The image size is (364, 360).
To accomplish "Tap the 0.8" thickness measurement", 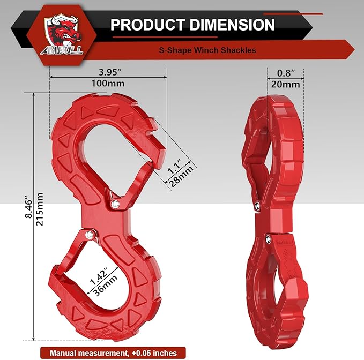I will pos(285,72).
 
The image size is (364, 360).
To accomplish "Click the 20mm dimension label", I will pos(285,85).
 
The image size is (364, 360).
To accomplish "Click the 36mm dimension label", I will pos(102,286).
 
